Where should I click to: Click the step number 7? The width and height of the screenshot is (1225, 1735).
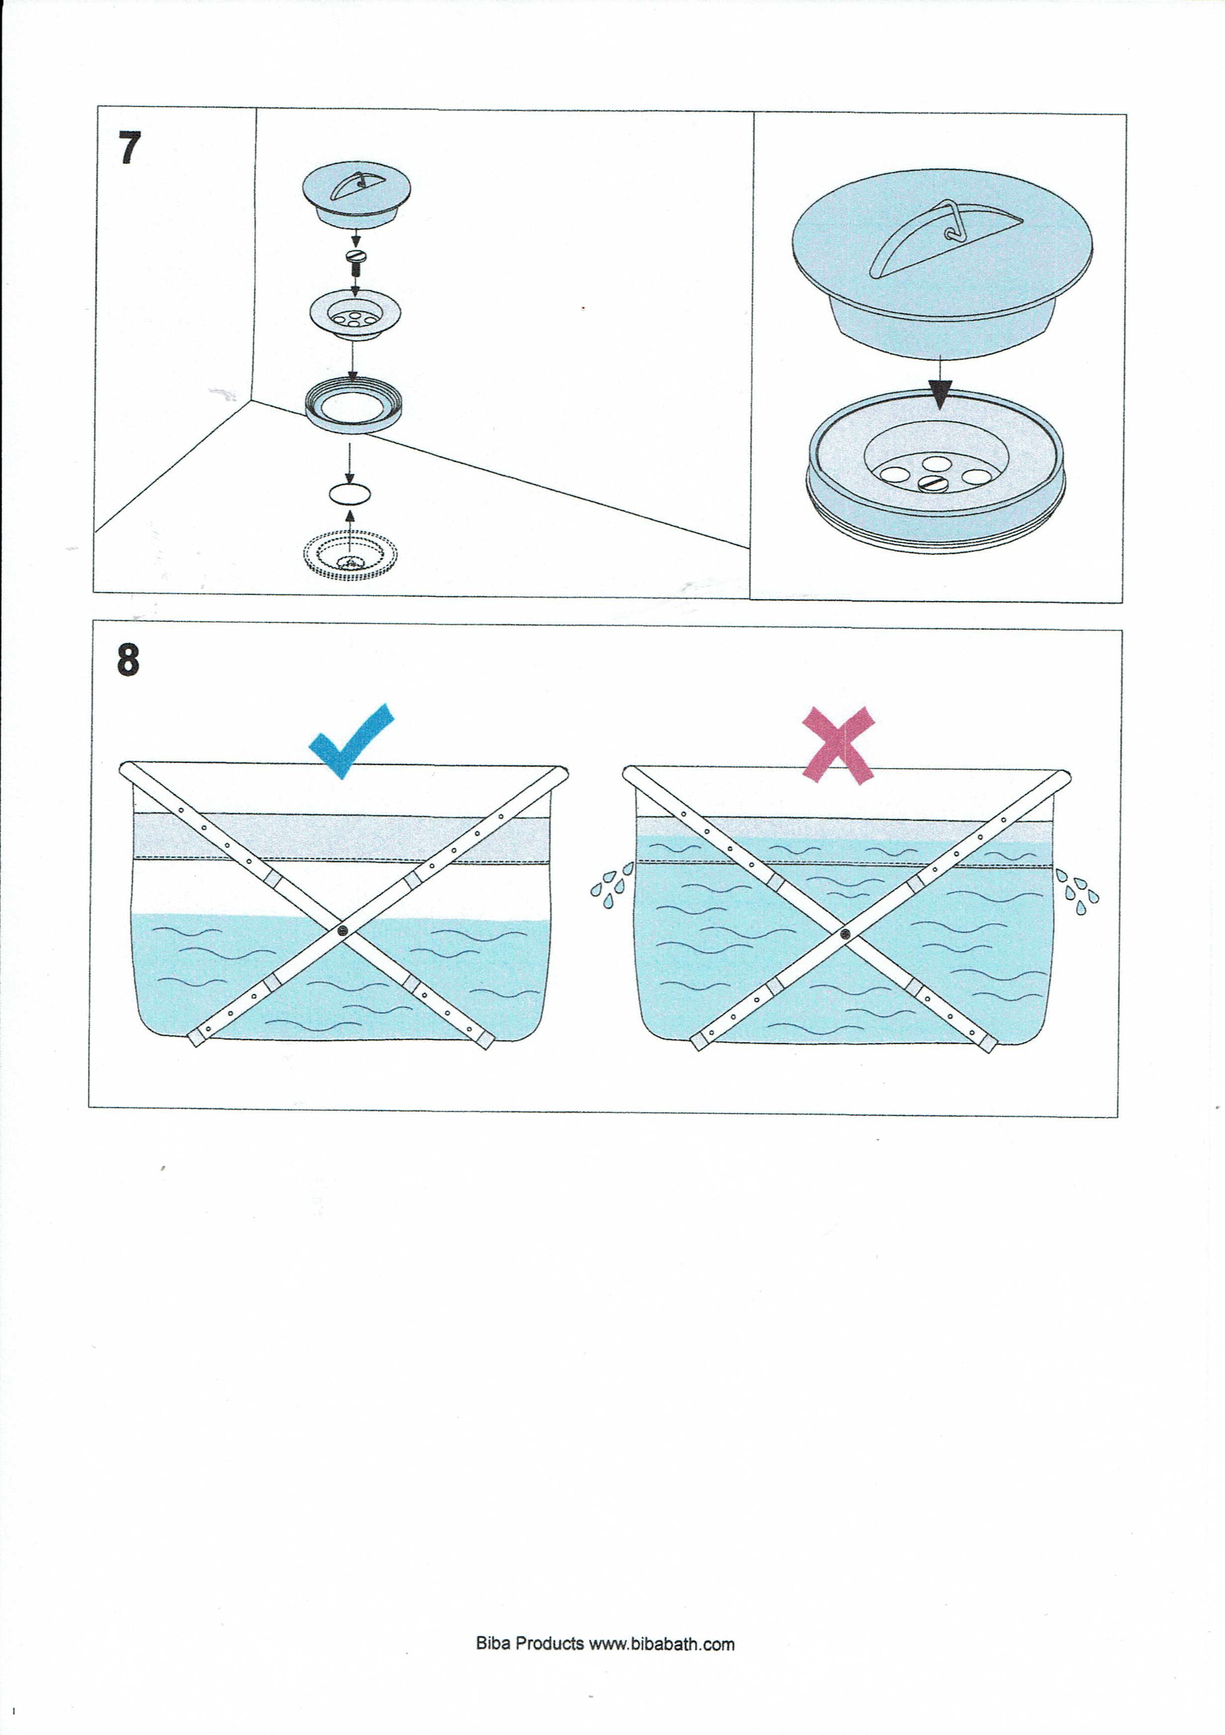tap(129, 148)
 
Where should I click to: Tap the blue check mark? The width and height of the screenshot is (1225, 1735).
tap(350, 741)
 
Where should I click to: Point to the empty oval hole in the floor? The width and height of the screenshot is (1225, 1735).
tap(350, 494)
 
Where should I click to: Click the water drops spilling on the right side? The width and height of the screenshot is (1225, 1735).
tap(1078, 891)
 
